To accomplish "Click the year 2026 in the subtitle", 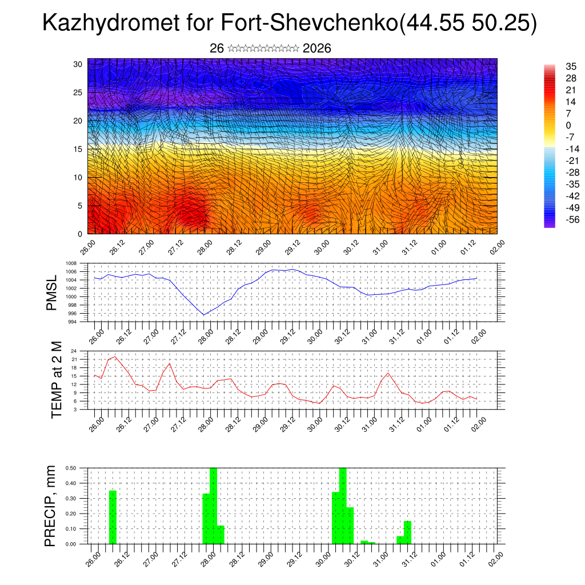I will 317,49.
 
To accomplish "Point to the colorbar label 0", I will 568,125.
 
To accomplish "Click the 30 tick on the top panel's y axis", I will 78,64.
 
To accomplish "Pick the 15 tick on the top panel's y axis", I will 78,149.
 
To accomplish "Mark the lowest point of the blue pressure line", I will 203,315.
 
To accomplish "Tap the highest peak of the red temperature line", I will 115,356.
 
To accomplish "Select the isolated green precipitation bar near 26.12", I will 113,517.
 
